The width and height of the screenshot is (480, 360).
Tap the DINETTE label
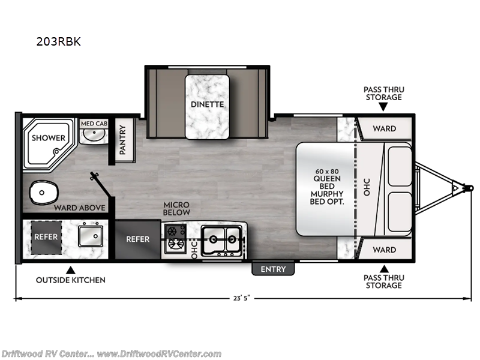coord(208,104)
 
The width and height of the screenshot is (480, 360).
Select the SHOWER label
coord(49,137)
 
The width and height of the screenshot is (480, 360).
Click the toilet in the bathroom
coord(43,192)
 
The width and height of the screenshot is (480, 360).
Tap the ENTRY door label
coord(273,269)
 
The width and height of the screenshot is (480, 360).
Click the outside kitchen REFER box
coord(46,236)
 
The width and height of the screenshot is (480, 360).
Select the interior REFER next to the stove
coord(138,239)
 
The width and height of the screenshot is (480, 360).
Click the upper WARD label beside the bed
coord(384,128)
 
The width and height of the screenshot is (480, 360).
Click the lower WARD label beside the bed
coord(384,250)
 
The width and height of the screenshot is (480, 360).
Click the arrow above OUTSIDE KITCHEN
coord(70,269)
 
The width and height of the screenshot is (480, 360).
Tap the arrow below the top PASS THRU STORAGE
coord(383,107)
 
